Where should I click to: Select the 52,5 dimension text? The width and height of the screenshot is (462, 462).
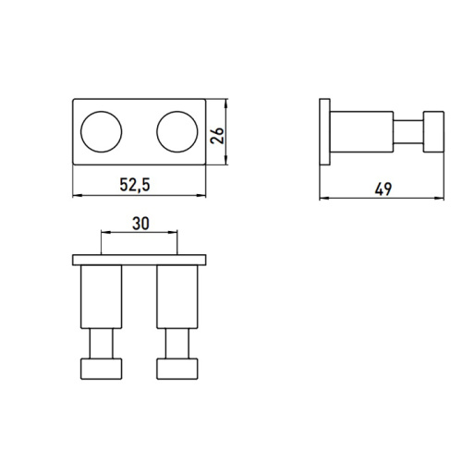135,186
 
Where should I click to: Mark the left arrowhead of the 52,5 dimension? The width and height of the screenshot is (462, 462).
76,196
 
